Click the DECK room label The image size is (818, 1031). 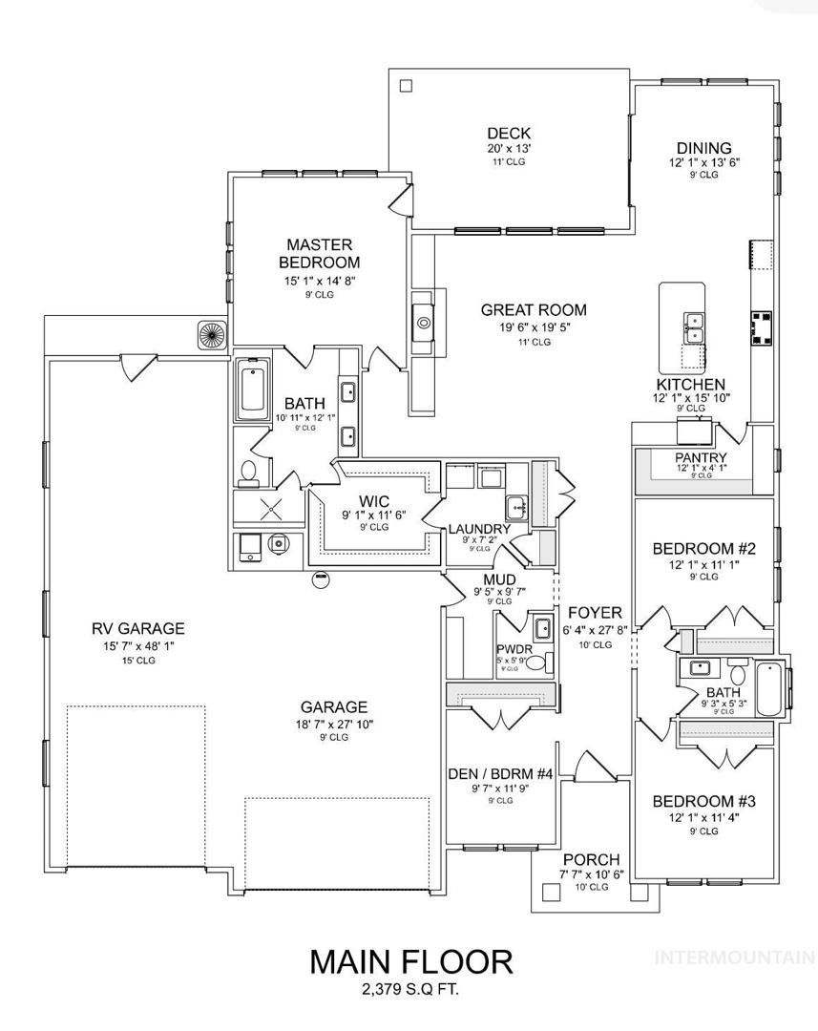coord(509,134)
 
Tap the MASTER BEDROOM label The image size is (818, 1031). coord(320,254)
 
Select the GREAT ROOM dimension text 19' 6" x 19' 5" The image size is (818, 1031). coord(534,327)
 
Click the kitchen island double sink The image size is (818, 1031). coord(693,328)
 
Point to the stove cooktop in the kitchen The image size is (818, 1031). coord(763,327)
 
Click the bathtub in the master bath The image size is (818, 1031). coord(253,389)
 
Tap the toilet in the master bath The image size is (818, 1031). coord(248,473)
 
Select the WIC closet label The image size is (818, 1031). coord(373,502)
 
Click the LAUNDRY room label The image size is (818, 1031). coord(479,529)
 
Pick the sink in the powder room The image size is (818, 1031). coord(542,628)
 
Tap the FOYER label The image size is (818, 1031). coord(595,613)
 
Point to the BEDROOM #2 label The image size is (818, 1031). coord(703,548)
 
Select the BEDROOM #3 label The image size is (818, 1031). coord(703,802)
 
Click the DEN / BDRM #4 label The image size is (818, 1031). coord(500,774)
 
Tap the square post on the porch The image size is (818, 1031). coord(551,892)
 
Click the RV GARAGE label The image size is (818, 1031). coord(138,628)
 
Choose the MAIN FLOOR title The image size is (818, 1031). coord(411,962)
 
